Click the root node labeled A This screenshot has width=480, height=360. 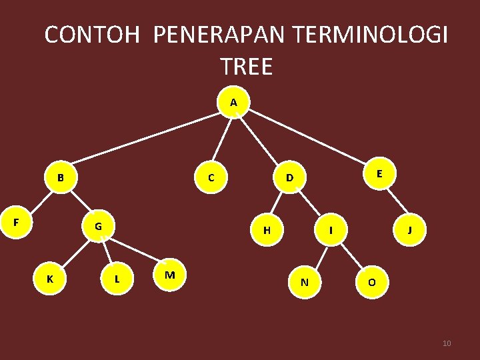point(233,103)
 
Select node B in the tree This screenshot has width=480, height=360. point(61,178)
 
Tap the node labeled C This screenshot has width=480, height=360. point(211,178)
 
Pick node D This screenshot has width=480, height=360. point(289,178)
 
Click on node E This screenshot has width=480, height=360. point(379,173)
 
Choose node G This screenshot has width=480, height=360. point(98,226)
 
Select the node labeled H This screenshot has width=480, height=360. point(267,231)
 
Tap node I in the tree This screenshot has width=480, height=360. point(331,231)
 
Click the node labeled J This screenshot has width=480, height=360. point(409,231)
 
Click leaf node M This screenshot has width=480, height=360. point(169,275)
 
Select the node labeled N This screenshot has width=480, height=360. point(304,282)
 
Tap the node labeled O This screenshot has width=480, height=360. point(371,282)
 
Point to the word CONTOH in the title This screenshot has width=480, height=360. point(93,34)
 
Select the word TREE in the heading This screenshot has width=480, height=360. point(246,67)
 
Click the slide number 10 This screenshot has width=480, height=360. point(447,343)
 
